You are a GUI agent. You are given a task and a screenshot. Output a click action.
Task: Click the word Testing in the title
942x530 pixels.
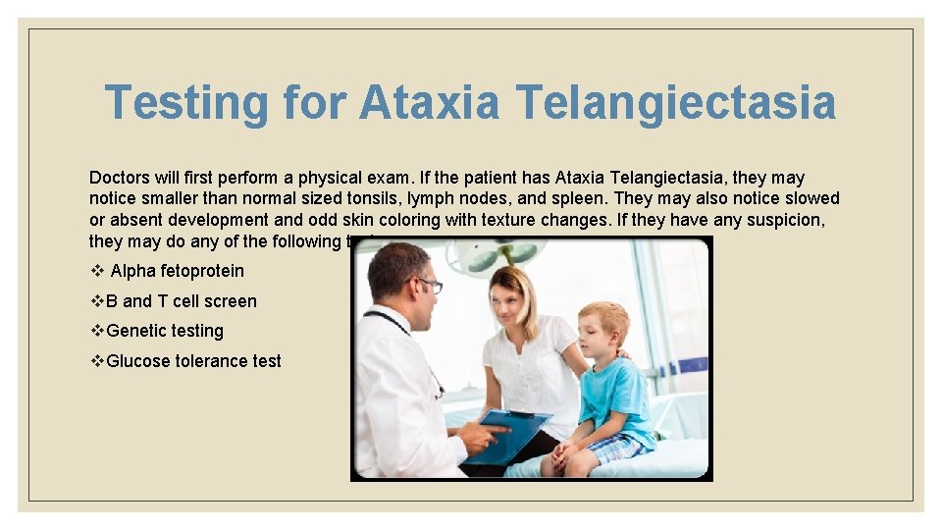pos(185,103)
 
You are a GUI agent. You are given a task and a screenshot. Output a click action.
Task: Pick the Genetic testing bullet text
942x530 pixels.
pos(165,331)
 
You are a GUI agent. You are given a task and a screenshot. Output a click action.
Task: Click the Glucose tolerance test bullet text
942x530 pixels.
pos(193,361)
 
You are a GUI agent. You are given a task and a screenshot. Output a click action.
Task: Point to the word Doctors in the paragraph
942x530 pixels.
pos(120,178)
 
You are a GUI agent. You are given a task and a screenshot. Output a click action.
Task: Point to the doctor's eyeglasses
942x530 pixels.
pos(428,286)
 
